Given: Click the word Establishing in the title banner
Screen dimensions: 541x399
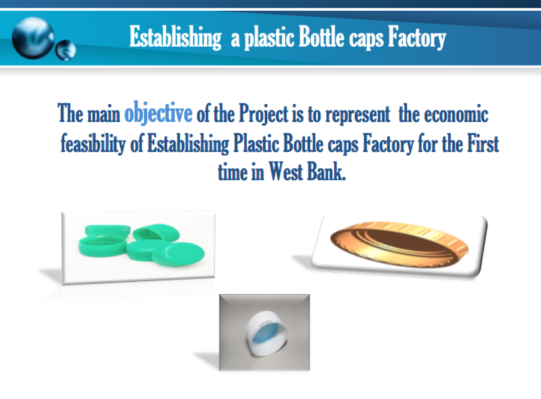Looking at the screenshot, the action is tap(175, 37).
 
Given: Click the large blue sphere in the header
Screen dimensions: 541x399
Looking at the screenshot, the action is tap(33, 38).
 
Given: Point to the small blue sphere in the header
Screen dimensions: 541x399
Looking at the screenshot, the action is tap(66, 50).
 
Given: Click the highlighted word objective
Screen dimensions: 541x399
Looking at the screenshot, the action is tap(158, 113).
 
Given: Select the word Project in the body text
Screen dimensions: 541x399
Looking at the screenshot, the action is tap(263, 113).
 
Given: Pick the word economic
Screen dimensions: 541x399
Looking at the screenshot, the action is tap(456, 113).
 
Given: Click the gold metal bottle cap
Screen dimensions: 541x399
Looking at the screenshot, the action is tap(399, 244).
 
